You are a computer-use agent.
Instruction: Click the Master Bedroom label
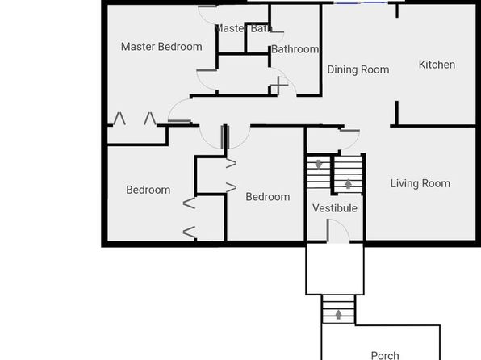pyautogui.click(x=161, y=47)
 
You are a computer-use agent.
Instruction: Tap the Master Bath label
pyautogui.click(x=243, y=28)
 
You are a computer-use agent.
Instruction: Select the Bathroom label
pyautogui.click(x=295, y=49)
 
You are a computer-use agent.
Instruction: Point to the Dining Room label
pyautogui.click(x=358, y=69)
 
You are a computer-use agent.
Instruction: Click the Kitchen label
pyautogui.click(x=437, y=65)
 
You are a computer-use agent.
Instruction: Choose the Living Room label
pyautogui.click(x=420, y=183)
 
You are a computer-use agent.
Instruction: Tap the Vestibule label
pyautogui.click(x=335, y=208)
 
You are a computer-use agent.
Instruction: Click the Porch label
pyautogui.click(x=385, y=355)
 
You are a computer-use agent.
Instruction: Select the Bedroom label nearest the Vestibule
pyautogui.click(x=268, y=197)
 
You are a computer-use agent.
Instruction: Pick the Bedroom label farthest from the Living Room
pyautogui.click(x=148, y=190)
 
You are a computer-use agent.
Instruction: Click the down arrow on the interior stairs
pyautogui.click(x=319, y=164)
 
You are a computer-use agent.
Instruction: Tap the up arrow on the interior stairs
pyautogui.click(x=348, y=184)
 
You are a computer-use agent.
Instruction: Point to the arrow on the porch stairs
pyautogui.click(x=338, y=315)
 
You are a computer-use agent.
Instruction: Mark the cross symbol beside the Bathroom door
pyautogui.click(x=278, y=85)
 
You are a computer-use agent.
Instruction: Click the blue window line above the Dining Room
pyautogui.click(x=361, y=2)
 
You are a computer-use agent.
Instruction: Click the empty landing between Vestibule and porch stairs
pyautogui.click(x=335, y=270)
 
